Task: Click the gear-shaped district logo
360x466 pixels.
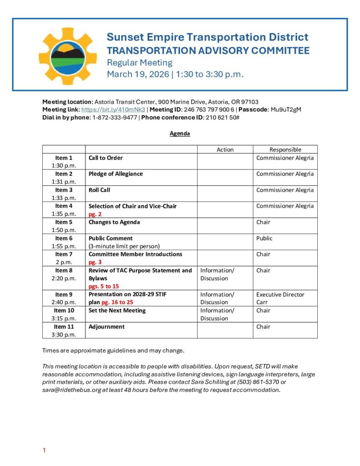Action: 68,56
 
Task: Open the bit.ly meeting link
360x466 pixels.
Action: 113,110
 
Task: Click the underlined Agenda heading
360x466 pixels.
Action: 180,134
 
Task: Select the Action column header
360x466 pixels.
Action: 225,149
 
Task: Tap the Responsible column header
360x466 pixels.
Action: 285,149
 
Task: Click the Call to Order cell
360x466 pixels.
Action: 106,158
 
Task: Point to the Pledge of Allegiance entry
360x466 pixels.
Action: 116,174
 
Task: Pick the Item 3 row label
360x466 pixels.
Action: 64,190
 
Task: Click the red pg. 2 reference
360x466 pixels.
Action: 95,214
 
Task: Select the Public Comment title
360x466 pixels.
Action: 111,238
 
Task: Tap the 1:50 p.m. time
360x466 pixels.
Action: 64,230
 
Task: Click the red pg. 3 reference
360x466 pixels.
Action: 95,262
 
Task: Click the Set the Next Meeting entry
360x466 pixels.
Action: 117,310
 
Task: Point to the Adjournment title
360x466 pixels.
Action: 106,326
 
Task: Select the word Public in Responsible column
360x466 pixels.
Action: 264,238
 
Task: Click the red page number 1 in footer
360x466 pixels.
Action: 44,451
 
